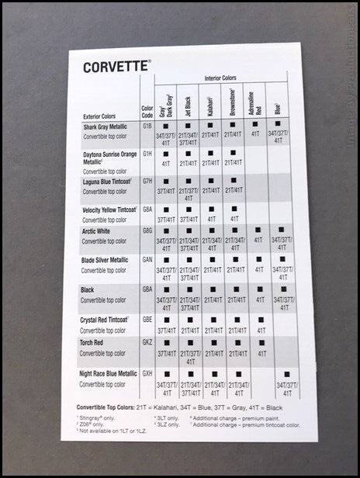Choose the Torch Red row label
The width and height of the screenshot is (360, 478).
coord(95,342)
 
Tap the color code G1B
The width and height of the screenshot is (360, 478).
coord(147,126)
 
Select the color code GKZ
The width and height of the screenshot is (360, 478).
coord(147,342)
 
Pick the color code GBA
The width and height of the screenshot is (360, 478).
coord(147,288)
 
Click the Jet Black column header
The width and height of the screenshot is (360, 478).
coord(189,102)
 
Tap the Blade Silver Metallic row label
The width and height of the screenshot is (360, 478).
coord(106,260)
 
